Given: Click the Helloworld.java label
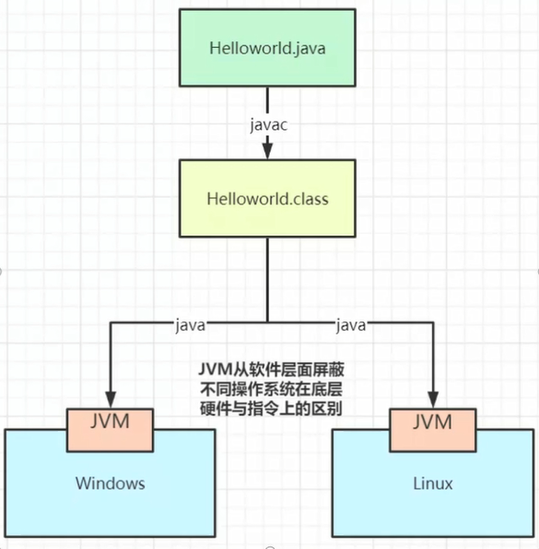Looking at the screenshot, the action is click(267, 48).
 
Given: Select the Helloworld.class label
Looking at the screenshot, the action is click(267, 199).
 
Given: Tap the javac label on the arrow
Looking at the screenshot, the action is click(269, 125).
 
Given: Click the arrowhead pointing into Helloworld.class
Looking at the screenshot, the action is click(267, 151).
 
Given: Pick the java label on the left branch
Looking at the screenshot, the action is click(190, 325).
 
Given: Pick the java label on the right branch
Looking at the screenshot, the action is click(351, 325).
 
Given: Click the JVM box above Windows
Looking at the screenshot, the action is click(110, 430).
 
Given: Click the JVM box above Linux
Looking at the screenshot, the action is click(433, 430).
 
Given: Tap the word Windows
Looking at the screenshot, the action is click(111, 484).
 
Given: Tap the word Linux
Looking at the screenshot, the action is click(433, 484).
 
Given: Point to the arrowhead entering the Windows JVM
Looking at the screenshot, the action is click(111, 400).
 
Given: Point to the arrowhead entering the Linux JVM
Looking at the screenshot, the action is click(433, 400).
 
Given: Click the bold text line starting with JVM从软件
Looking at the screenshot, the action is click(272, 369).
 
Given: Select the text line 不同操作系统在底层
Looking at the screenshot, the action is click(272, 389).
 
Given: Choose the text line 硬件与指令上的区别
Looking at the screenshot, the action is click(272, 408).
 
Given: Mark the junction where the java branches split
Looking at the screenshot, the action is click(268, 322).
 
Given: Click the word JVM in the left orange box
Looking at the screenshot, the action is click(110, 421).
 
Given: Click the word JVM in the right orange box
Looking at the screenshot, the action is click(433, 421).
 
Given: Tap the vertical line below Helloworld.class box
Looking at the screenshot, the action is click(268, 280).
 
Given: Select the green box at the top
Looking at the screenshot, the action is click(267, 48).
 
